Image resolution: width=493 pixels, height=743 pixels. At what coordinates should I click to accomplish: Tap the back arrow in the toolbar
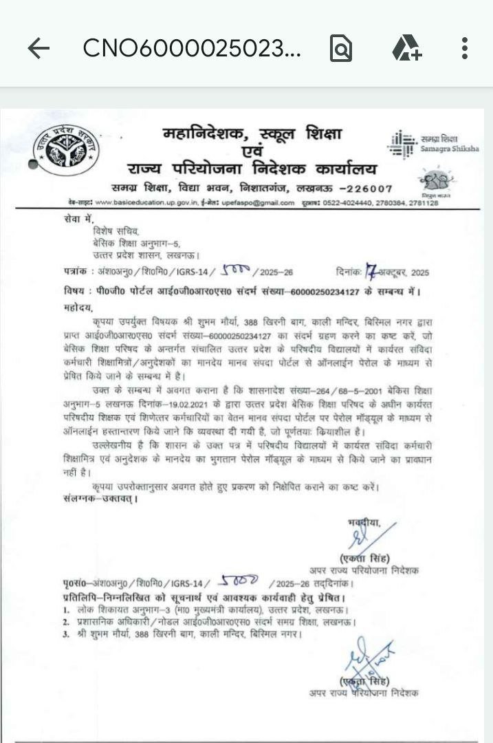point(39,48)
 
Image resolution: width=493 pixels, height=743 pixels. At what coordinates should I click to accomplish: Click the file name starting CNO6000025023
point(192,48)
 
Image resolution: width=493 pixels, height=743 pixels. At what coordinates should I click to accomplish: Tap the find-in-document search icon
point(341,48)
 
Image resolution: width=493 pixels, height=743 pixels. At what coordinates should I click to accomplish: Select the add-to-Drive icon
point(406,48)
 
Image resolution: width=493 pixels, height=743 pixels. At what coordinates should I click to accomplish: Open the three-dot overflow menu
point(465,48)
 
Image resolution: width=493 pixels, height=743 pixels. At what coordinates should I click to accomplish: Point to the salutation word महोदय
point(76,307)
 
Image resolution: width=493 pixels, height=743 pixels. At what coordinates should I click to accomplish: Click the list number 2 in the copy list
point(65,621)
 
